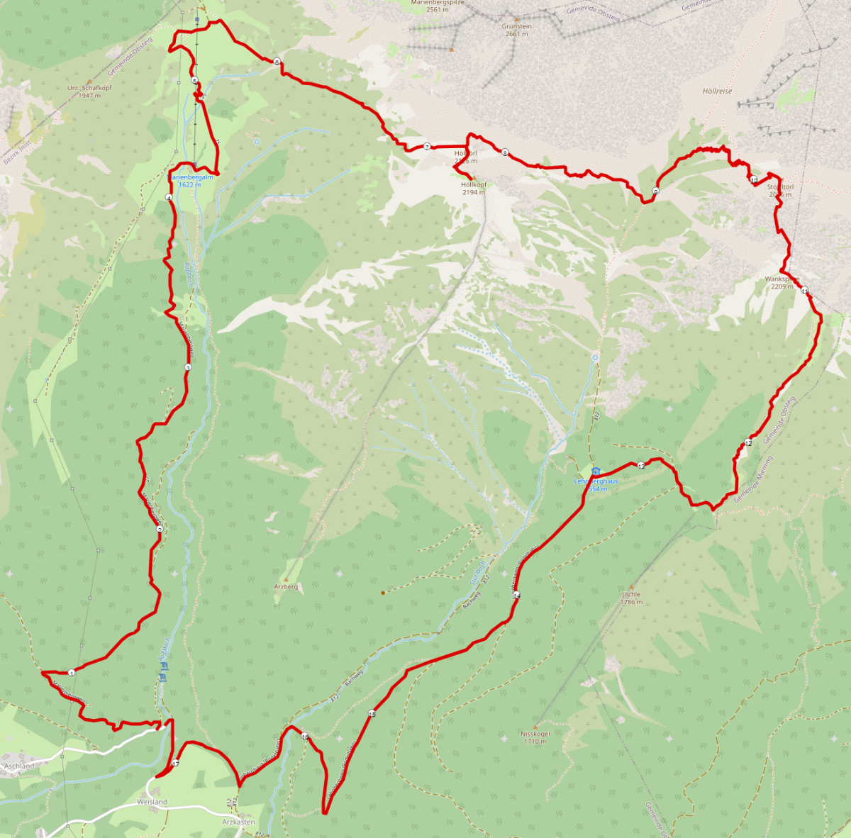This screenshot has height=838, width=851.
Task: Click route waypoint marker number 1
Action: (72, 672)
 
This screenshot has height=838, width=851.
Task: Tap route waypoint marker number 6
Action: (277, 62)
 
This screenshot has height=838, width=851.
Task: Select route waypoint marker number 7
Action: (427, 147)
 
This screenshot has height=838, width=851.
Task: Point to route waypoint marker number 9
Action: (655, 191)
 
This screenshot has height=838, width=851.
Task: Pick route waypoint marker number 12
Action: (747, 443)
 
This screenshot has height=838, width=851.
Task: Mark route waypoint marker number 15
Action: (372, 713)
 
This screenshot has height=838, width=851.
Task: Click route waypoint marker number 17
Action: (175, 763)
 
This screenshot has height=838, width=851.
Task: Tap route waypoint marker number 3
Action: (188, 367)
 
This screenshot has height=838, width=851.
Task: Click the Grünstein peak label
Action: (518, 26)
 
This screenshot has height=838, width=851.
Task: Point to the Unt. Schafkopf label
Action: (89, 88)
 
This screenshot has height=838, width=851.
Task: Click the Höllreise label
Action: (717, 91)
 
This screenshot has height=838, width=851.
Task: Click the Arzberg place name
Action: (286, 587)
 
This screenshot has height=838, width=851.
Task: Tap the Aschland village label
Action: (19, 766)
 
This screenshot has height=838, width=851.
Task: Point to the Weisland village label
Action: (152, 802)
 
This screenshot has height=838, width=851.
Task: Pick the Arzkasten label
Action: (238, 822)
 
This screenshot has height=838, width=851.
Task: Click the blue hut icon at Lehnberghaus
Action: (596, 471)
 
